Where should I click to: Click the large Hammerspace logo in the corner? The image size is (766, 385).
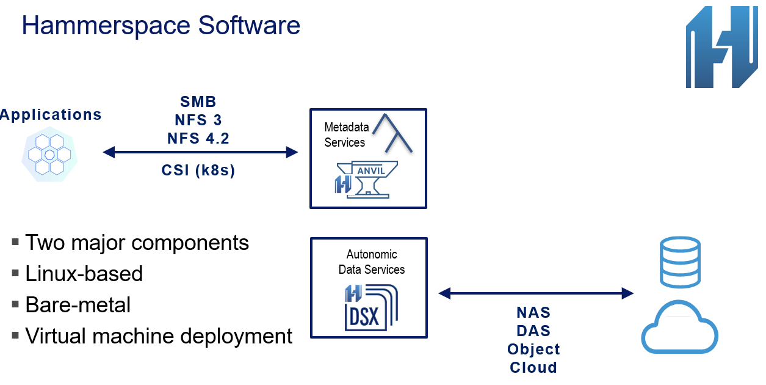pos(721,47)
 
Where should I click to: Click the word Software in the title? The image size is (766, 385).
pos(249,25)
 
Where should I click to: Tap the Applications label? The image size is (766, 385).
pos(51,114)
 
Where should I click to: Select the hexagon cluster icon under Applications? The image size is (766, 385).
pos(49,155)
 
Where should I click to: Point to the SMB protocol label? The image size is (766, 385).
pos(198,101)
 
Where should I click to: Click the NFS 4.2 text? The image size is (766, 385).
pos(198,138)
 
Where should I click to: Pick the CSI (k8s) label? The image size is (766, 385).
pos(198,170)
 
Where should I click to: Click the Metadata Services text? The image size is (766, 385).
pos(346,134)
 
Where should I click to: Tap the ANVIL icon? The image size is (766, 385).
pos(366,180)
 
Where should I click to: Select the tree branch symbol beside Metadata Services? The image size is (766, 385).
pos(392,133)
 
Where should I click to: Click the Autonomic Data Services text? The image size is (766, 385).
pos(371,262)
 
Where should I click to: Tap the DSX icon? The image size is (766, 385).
pos(371,307)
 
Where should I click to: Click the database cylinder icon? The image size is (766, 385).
pos(680,262)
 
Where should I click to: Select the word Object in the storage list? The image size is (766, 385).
pos(533,350)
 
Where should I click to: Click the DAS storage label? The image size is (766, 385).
pos(533,331)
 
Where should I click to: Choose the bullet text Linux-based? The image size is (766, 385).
pos(84,274)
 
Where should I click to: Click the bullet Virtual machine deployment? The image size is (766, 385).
pos(159,336)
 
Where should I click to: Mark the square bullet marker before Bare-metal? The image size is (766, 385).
pos(15,304)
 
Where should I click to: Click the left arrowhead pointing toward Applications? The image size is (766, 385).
pos(109,152)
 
